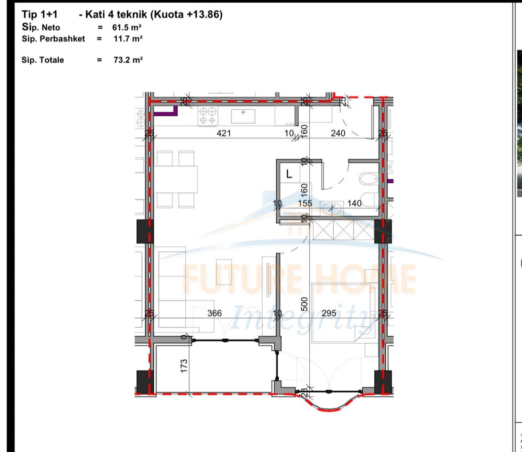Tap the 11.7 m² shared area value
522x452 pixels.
pyautogui.click(x=127, y=39)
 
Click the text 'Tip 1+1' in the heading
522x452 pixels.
pyautogui.click(x=40, y=15)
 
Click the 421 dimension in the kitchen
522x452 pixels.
pyautogui.click(x=224, y=133)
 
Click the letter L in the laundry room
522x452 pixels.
pyautogui.click(x=290, y=173)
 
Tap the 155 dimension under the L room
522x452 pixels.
pyautogui.click(x=306, y=203)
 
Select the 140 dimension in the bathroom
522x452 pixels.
pyautogui.click(x=354, y=203)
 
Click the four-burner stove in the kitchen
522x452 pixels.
pyautogui.click(x=208, y=115)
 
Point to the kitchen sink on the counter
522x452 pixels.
pyautogui.click(x=243, y=115)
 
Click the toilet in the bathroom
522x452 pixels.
pyautogui.click(x=368, y=179)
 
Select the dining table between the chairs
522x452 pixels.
pyautogui.click(x=176, y=179)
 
